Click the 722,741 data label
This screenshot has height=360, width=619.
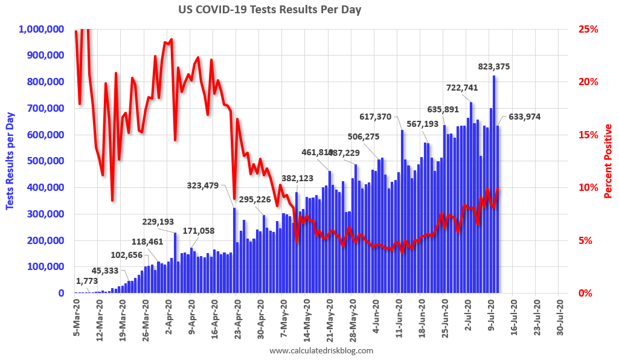(462, 88)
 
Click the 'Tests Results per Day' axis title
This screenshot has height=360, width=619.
(10, 161)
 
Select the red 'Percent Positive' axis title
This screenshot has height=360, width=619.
(608, 161)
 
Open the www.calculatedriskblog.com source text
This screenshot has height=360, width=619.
(321, 350)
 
